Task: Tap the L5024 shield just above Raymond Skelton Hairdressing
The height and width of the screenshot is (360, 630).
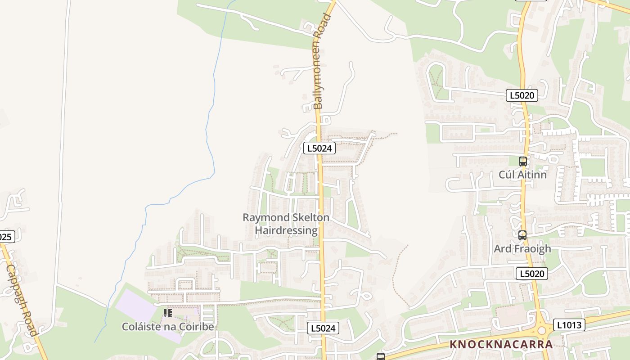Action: pyautogui.click(x=319, y=148)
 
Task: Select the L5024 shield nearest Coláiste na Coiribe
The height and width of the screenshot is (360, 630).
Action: pyautogui.click(x=323, y=328)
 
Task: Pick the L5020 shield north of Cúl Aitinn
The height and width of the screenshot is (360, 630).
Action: pyautogui.click(x=522, y=95)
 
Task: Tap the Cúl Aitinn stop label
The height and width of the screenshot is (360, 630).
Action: pyautogui.click(x=522, y=175)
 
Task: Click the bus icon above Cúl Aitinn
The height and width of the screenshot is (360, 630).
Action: pyautogui.click(x=522, y=161)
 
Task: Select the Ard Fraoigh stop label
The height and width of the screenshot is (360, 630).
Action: pyautogui.click(x=522, y=248)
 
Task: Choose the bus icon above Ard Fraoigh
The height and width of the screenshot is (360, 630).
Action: pyautogui.click(x=522, y=235)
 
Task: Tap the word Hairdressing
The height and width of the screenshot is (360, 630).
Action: pyautogui.click(x=286, y=230)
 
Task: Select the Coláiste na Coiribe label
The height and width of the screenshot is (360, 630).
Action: pyautogui.click(x=168, y=327)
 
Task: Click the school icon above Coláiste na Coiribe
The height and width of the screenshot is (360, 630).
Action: pyautogui.click(x=168, y=313)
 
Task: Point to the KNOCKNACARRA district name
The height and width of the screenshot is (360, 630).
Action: pyautogui.click(x=501, y=345)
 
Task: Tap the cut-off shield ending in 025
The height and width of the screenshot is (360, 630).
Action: pyautogui.click(x=6, y=237)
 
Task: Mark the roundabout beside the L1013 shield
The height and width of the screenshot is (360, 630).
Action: pyautogui.click(x=541, y=331)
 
